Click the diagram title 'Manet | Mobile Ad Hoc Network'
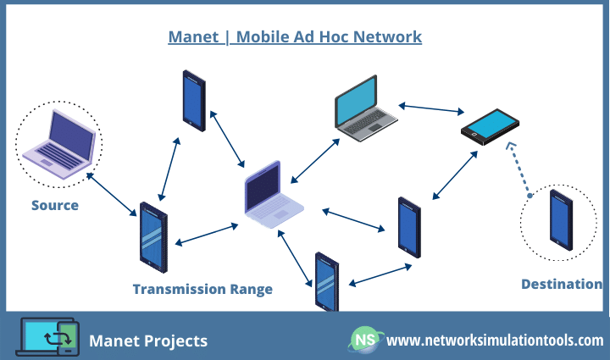pyautogui.click(x=294, y=36)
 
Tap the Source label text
pyautogui.click(x=55, y=205)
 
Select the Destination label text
pyautogui.click(x=561, y=284)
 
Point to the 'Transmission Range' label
pyautogui.click(x=202, y=289)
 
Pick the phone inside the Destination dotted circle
pyautogui.click(x=561, y=220)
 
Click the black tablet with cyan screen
pyautogui.click(x=490, y=127)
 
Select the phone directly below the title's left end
pyautogui.click(x=194, y=100)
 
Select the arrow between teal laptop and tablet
pyautogui.click(x=430, y=108)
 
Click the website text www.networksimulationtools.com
pyautogui.click(x=495, y=341)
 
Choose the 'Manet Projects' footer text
pyautogui.click(x=148, y=341)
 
